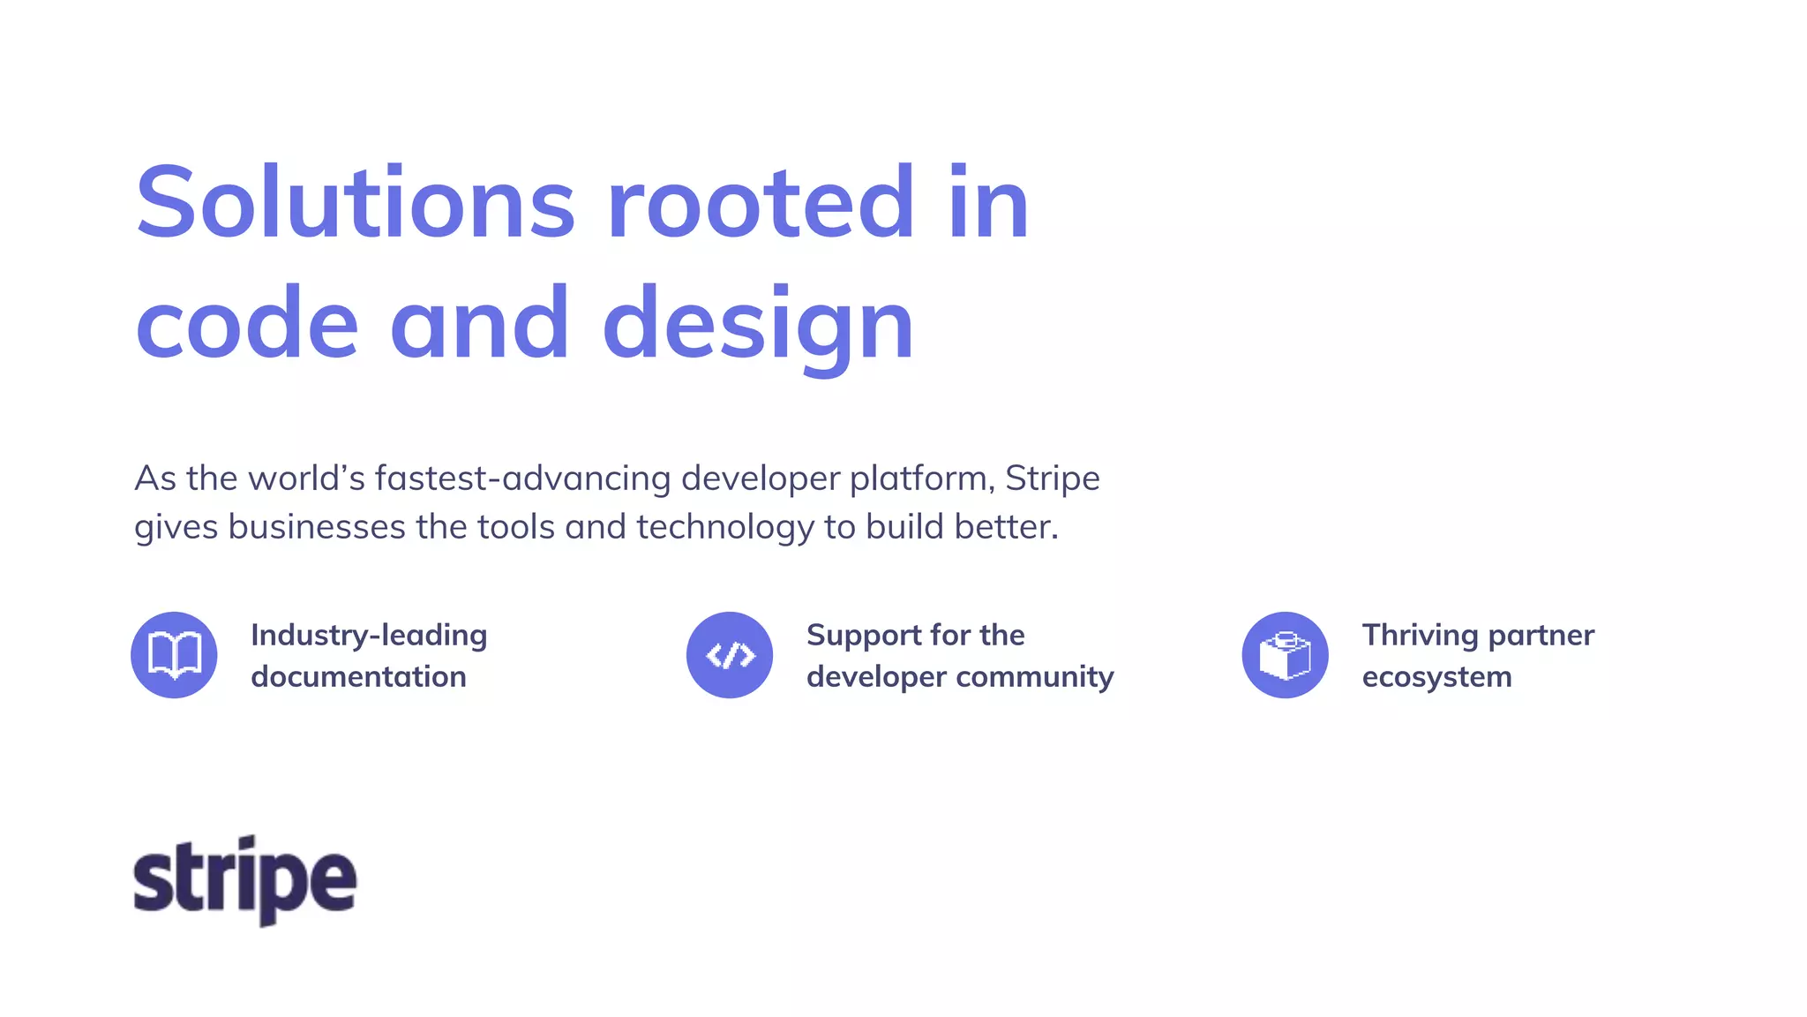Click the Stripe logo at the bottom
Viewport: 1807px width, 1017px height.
(244, 880)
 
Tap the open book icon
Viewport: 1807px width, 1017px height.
(174, 655)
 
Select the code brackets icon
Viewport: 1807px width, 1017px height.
(730, 655)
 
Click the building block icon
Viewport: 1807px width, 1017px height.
(1285, 655)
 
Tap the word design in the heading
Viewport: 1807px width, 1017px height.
(759, 325)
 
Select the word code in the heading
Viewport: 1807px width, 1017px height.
(247, 325)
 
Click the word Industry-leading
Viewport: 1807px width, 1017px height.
(369, 635)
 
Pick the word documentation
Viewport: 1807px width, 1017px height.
(358, 676)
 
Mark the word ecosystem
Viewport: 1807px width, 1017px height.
(1436, 676)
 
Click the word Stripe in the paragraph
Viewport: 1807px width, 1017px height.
(1053, 478)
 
